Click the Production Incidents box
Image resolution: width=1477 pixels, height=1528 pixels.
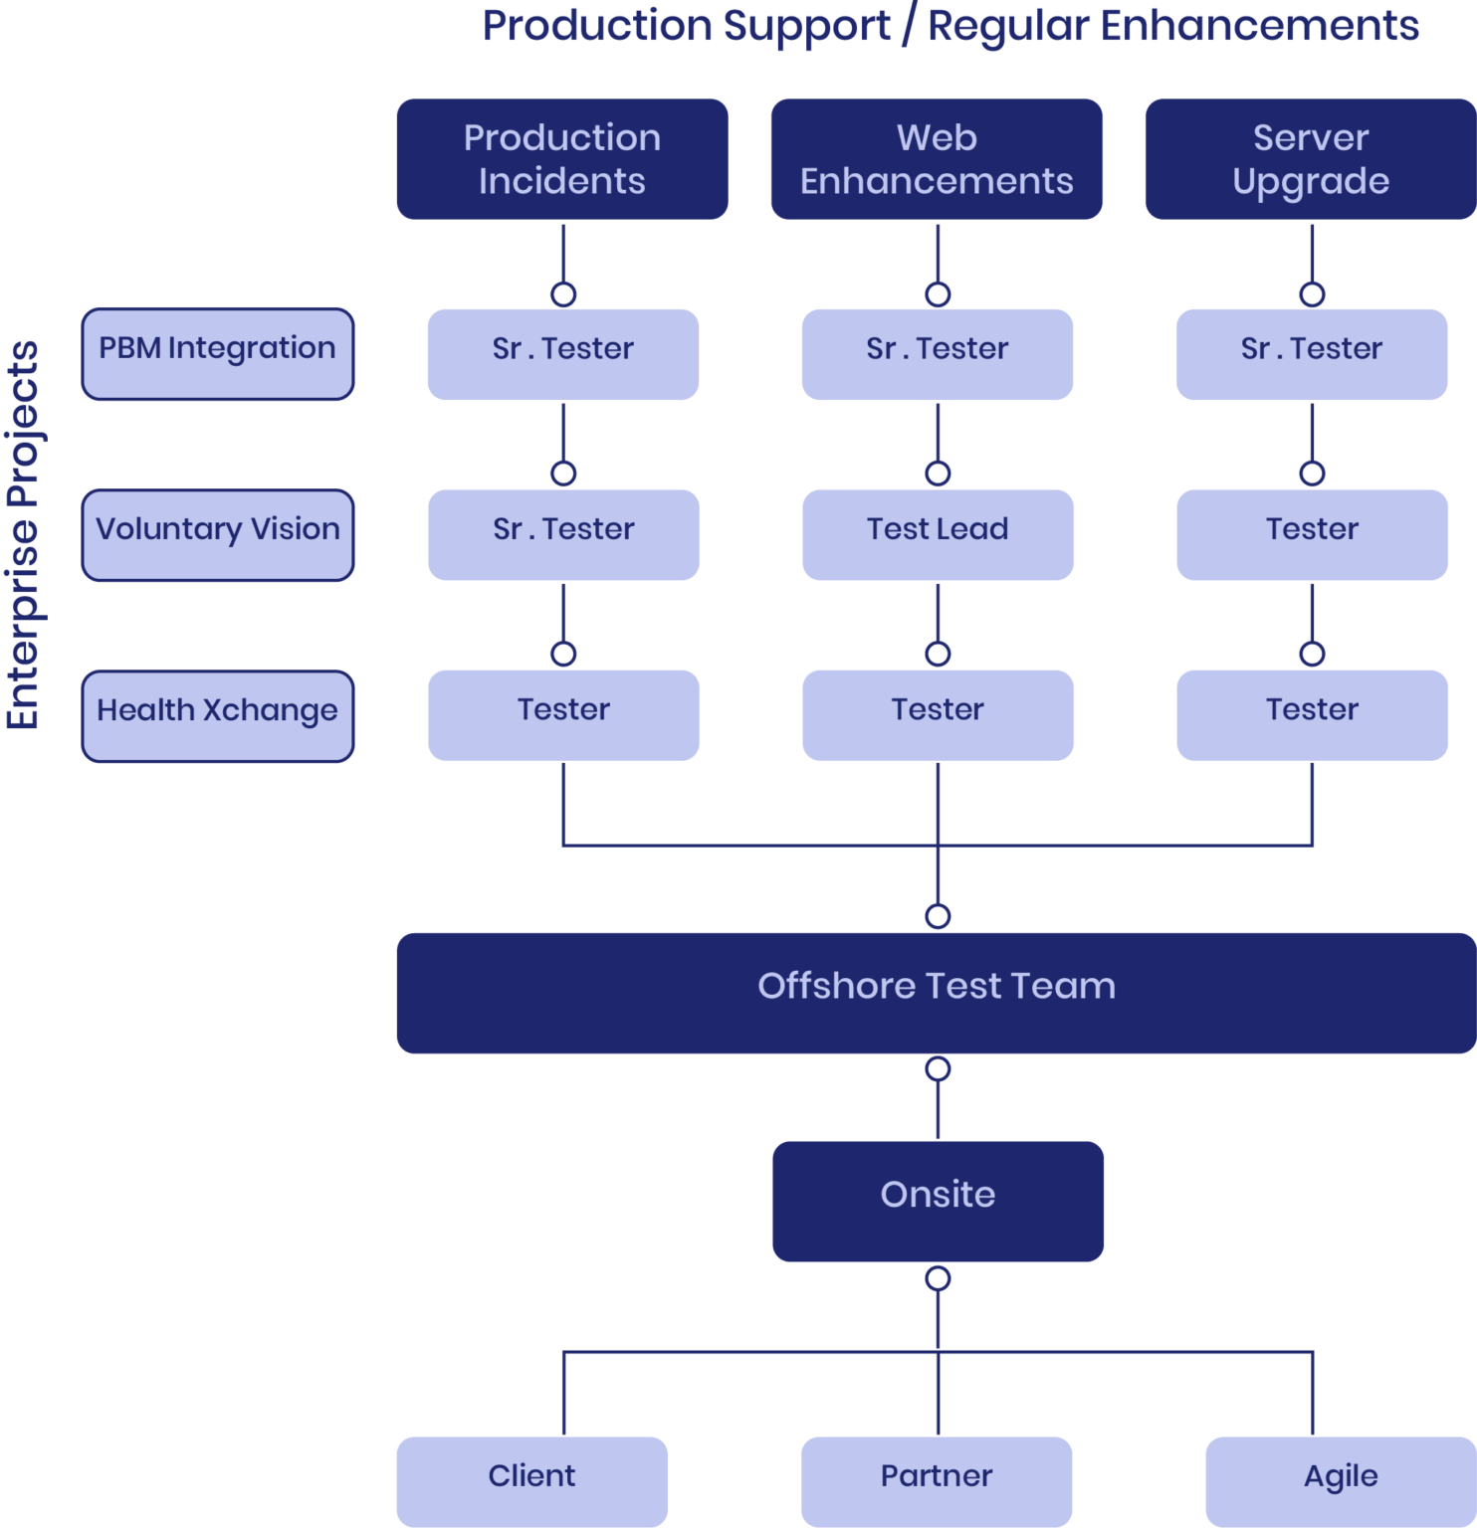[562, 159]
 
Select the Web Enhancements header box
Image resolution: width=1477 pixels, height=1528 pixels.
[937, 159]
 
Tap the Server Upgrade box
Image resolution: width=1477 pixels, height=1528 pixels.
[1310, 159]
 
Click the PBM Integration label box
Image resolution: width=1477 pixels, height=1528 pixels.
[217, 354]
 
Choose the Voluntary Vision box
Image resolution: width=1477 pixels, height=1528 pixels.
[217, 535]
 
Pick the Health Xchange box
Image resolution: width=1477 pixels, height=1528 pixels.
[217, 716]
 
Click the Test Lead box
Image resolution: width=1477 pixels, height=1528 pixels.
[938, 534]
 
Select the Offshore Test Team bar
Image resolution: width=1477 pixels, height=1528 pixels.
[937, 993]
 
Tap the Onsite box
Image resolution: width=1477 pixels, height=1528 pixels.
[938, 1201]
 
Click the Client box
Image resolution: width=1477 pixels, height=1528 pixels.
[531, 1481]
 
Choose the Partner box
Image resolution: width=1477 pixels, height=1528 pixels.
[937, 1481]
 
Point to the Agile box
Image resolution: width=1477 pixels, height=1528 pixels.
[1341, 1481]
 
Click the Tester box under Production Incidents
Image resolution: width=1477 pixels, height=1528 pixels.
[563, 715]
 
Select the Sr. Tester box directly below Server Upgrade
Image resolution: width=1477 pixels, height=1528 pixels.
[1312, 354]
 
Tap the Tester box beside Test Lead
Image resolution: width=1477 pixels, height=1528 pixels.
[1312, 534]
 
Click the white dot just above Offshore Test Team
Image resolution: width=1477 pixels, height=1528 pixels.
[938, 916]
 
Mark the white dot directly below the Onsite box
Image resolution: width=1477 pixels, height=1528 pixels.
[938, 1278]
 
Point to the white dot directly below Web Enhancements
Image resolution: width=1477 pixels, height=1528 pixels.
[938, 294]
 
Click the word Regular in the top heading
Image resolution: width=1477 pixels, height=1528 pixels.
[1008, 26]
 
